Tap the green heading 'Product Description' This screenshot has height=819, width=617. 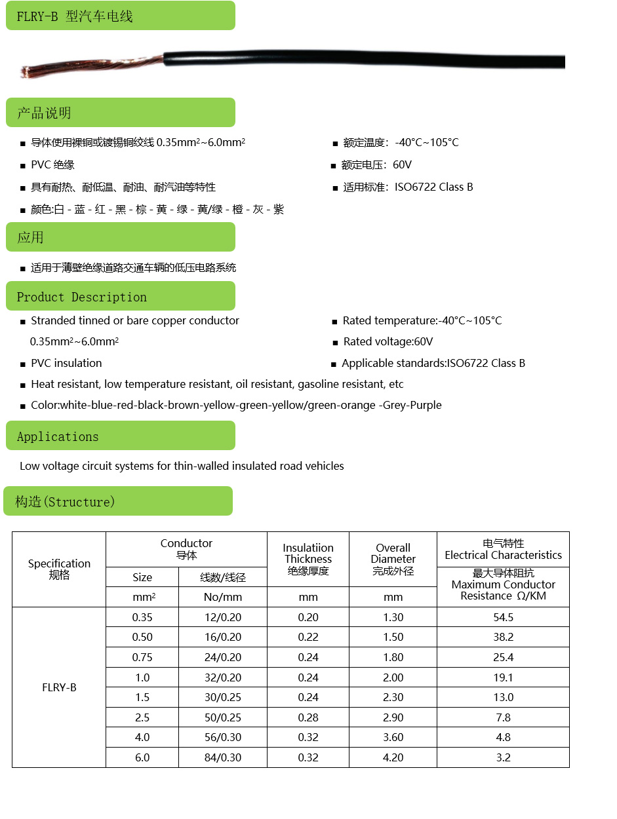coord(82,297)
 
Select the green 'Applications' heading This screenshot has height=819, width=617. coord(58,436)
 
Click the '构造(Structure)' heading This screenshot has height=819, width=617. coord(65,502)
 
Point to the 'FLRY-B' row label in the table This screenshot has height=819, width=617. coord(59,687)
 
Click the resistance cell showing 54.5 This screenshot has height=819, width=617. coord(503,617)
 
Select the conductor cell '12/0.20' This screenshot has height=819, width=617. coord(223,617)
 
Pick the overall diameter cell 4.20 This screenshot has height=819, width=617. coord(393,757)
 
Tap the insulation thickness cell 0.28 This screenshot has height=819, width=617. coord(308,717)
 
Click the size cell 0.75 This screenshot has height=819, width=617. coord(142,657)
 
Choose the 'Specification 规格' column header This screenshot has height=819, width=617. coord(59,569)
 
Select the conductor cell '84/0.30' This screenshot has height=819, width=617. coord(223,757)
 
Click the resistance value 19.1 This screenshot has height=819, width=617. coord(503,677)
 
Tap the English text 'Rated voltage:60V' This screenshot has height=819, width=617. coord(388,341)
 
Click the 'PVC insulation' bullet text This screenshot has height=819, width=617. coord(66,363)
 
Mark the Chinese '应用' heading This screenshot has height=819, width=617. coord(30,237)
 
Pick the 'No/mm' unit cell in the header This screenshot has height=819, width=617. coord(223,597)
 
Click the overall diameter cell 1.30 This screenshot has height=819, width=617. coord(393,617)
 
